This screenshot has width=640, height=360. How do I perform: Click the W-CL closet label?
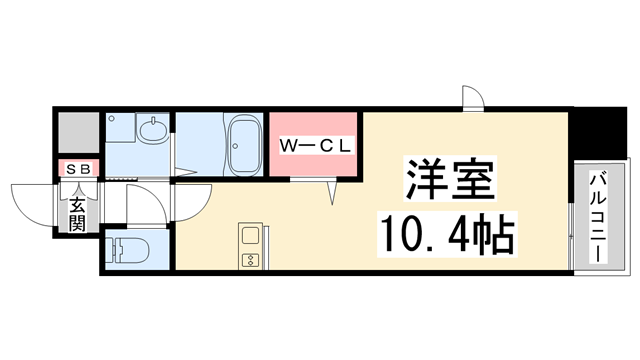tap(316, 146)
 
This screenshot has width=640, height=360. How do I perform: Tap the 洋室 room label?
tap(450, 178)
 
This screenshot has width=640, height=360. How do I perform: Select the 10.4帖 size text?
tap(447, 234)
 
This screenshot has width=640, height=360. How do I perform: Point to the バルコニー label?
tap(598, 218)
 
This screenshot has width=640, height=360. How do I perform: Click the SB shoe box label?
tap(78, 169)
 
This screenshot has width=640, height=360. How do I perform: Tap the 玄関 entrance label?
tap(77, 214)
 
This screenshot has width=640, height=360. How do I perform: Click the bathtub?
tap(244, 145)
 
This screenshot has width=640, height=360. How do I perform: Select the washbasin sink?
tap(153, 130)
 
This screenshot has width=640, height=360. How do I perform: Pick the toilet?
tap(127, 249)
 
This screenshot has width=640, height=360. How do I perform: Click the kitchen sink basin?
tap(250, 236)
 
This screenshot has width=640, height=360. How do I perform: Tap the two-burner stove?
tap(250, 260)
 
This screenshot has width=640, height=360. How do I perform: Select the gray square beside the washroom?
tap(79, 133)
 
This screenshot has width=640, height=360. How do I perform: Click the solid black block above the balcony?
tap(598, 133)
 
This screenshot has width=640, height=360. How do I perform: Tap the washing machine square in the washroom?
tap(120, 128)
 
